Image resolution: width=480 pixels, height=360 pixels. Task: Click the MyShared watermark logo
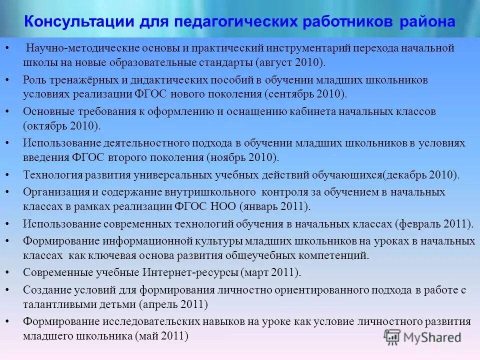pos(422,337)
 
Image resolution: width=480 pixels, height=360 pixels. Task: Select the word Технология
pos(50,175)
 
